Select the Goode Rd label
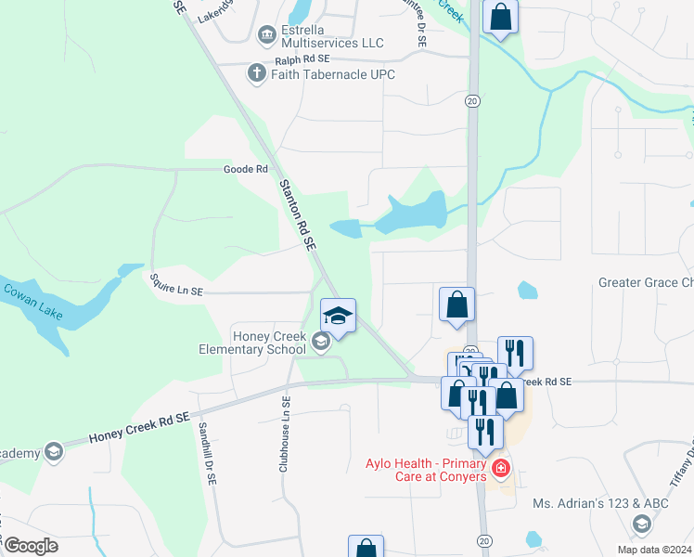pos(245,169)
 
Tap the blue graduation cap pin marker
pos(339,317)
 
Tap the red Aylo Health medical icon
pos(501,468)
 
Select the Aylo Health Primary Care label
pos(425,470)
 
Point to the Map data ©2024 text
pos(655,549)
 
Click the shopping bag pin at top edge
pos(500,18)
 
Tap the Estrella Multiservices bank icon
pos(267,35)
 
